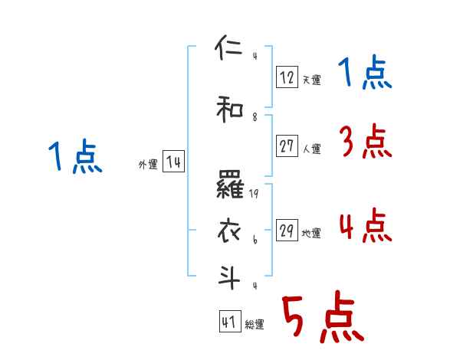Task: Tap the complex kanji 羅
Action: pos(230,185)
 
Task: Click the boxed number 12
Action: pos(287,77)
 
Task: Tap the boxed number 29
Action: pos(287,231)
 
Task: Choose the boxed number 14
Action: pos(173,162)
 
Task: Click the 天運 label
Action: pos(311,79)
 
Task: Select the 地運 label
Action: pos(311,233)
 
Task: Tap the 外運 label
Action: pos(148,165)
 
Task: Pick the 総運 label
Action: pos(255,324)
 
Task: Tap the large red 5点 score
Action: pos(322,317)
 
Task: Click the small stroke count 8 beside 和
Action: pos(255,117)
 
